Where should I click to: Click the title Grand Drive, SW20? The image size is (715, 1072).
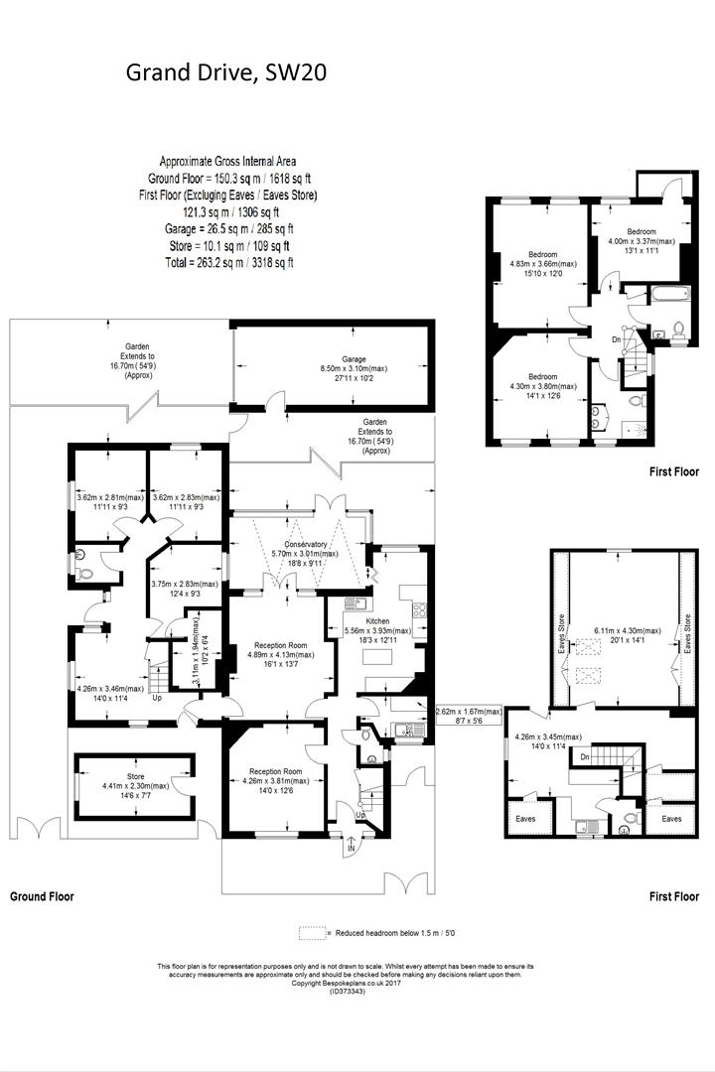(x=224, y=71)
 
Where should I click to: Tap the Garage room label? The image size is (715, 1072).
(x=355, y=359)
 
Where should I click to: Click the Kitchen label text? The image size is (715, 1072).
(x=379, y=619)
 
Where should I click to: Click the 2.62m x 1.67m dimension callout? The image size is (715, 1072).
(x=470, y=712)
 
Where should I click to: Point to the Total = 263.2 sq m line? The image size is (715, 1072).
(x=228, y=263)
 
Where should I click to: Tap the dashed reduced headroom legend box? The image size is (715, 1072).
(x=311, y=933)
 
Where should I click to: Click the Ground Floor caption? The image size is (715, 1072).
(x=42, y=896)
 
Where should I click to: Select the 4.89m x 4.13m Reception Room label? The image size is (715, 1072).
(x=277, y=645)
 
